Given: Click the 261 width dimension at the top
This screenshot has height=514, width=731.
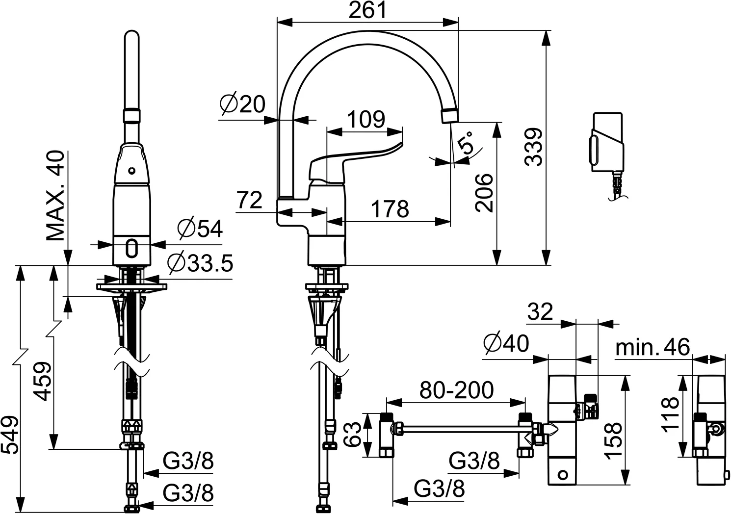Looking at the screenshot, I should pos(367,10).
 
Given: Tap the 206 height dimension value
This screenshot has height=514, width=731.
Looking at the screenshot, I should pos(485,192).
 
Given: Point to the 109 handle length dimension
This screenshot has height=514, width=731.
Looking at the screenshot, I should pos(365,120).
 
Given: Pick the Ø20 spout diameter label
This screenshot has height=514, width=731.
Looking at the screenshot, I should pos(242,104).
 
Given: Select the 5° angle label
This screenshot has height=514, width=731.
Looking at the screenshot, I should pos(466,143).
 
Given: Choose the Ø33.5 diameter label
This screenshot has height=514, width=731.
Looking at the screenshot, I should pos(199,263).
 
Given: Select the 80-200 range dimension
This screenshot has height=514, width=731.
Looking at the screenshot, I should pos(456,390).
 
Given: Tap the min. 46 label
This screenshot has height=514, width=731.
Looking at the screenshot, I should pos(653,347).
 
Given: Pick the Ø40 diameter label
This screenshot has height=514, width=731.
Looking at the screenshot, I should pos(506,343).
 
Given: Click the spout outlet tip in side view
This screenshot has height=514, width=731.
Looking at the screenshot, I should pos(449,116).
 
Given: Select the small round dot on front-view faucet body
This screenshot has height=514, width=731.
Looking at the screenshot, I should pos(131,171).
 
